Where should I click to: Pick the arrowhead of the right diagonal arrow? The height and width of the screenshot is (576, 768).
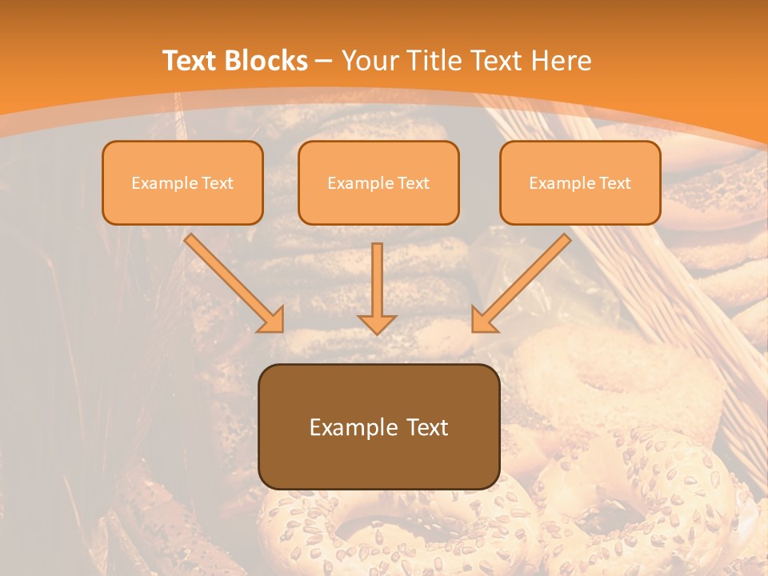click(482, 320)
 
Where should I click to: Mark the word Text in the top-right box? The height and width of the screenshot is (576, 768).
click(614, 183)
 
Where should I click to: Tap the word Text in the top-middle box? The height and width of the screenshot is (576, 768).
click(413, 183)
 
